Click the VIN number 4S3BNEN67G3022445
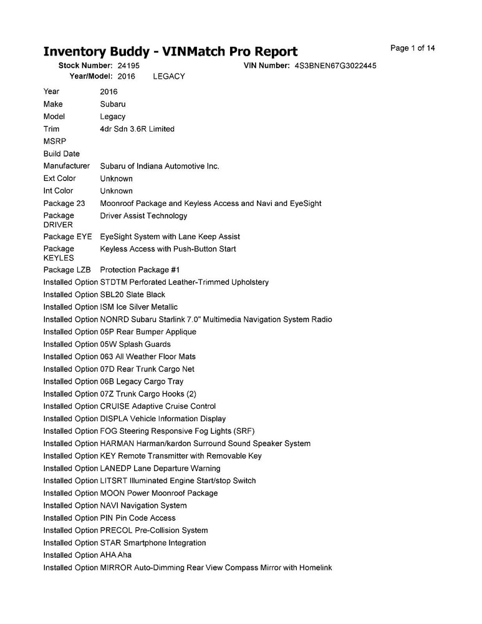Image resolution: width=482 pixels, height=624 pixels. [x=335, y=66]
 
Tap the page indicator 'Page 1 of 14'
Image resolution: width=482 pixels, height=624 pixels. [x=413, y=48]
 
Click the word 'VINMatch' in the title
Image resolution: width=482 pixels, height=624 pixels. [x=200, y=52]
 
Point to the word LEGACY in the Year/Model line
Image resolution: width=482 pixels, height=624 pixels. [x=168, y=76]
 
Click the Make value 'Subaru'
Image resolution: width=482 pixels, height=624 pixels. [x=112, y=104]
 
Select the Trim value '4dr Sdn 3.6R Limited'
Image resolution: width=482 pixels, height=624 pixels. [x=137, y=129]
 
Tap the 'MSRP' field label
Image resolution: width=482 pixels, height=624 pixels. [x=55, y=142]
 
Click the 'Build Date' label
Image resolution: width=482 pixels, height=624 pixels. [x=62, y=154]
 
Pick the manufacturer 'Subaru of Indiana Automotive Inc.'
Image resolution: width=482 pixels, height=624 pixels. [x=160, y=167]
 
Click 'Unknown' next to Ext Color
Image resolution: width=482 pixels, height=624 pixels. [x=116, y=179]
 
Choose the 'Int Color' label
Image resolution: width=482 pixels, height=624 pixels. [x=58, y=191]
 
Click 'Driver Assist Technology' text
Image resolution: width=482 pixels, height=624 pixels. [x=143, y=216]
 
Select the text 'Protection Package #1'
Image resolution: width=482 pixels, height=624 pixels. [x=140, y=270]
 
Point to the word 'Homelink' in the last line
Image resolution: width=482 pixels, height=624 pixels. [x=316, y=568]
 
